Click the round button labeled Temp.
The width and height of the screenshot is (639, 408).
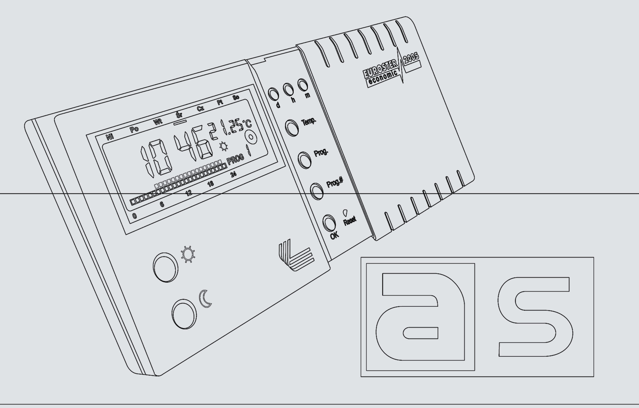tap(292, 127)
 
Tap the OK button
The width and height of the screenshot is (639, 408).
tap(329, 223)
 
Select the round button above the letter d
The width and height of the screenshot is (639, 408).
tap(273, 94)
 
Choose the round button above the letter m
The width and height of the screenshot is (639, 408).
tap(303, 85)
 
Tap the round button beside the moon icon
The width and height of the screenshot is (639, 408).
tap(184, 314)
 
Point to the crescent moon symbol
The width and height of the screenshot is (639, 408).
tap(205, 299)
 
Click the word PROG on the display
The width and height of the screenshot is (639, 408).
tap(235, 159)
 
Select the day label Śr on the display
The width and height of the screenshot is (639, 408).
tap(179, 115)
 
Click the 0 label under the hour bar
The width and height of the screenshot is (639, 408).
tap(135, 216)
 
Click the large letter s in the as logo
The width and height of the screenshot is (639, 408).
tap(535, 317)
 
